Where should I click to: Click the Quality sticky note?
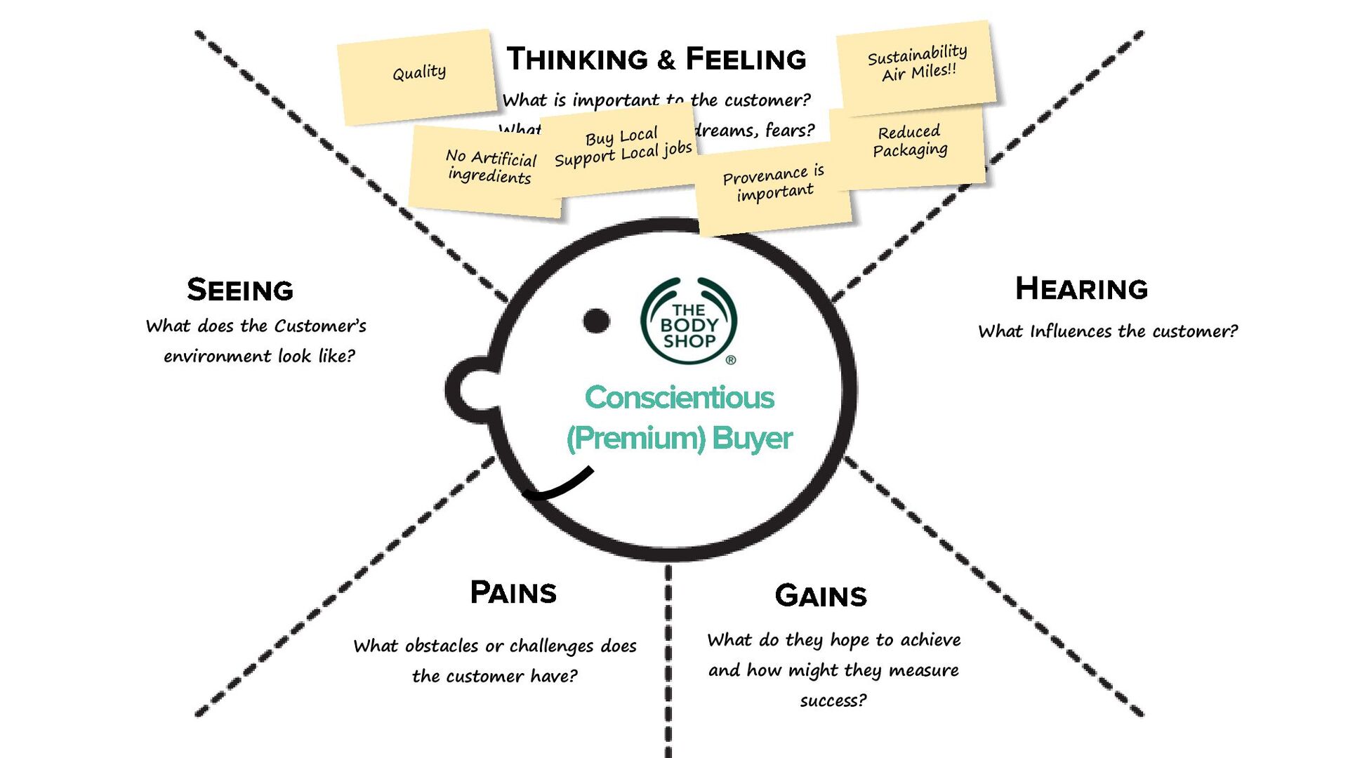click(418, 75)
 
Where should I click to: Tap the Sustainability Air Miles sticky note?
click(916, 64)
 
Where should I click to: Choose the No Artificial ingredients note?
click(489, 168)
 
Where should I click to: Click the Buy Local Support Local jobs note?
click(622, 147)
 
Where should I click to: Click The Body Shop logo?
click(689, 321)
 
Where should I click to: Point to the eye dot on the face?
click(597, 321)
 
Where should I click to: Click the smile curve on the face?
click(559, 486)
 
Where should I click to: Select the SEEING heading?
click(240, 290)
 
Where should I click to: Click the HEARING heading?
click(1081, 289)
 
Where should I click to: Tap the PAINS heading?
click(513, 593)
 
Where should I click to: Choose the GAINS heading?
click(821, 596)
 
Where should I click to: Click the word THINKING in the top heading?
click(577, 59)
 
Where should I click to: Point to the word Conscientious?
click(679, 398)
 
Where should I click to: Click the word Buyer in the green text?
click(752, 439)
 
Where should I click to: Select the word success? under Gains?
click(833, 700)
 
